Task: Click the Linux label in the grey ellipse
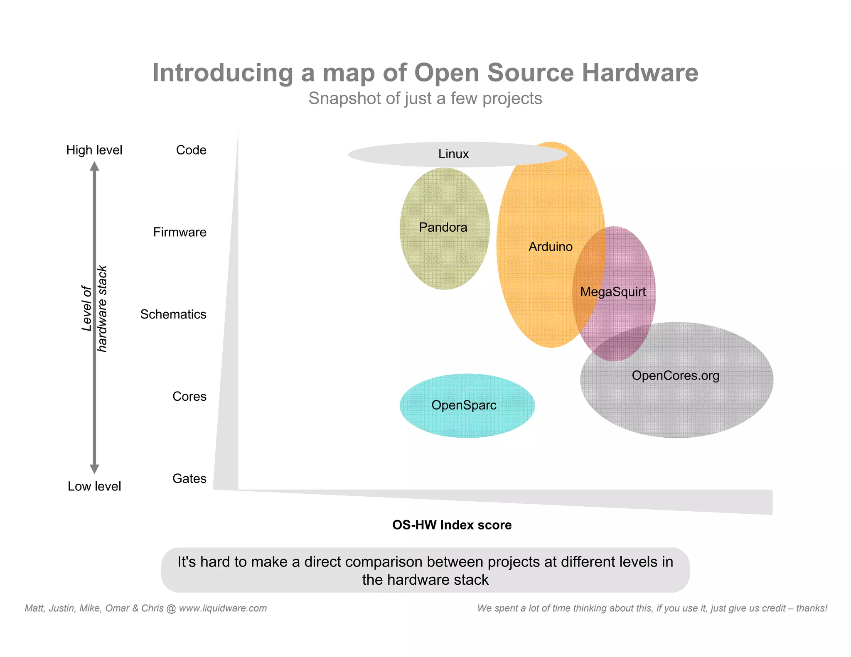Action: [453, 154]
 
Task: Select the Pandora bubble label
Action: [443, 227]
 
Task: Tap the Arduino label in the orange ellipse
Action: [550, 247]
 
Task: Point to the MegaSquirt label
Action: [613, 292]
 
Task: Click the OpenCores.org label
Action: [675, 375]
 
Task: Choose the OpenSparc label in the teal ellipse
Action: [464, 405]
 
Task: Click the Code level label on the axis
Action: [191, 150]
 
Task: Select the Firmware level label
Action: [180, 232]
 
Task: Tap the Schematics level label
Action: [173, 314]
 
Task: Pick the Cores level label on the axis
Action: [189, 397]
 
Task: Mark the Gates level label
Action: [189, 478]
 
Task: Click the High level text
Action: [94, 150]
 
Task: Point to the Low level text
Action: [94, 486]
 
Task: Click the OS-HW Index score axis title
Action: [452, 525]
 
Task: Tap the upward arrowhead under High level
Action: [94, 166]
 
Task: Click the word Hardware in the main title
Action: [640, 73]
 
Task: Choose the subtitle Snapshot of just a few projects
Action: [425, 99]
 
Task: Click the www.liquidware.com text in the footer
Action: [223, 608]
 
